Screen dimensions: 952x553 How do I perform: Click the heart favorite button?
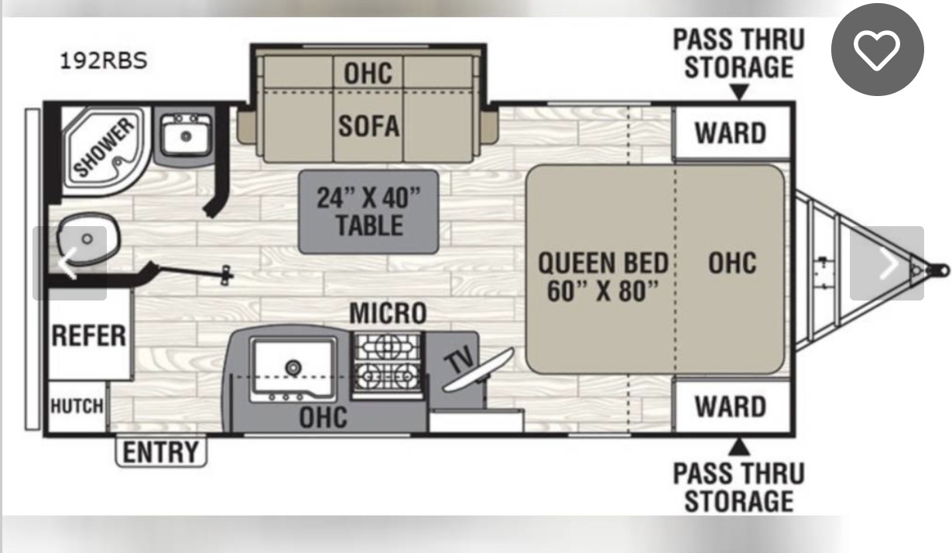pyautogui.click(x=877, y=50)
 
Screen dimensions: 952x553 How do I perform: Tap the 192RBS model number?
pyautogui.click(x=104, y=61)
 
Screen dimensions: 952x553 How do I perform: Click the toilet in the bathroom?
pyautogui.click(x=88, y=239)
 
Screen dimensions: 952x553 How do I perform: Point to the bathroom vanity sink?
pyautogui.click(x=185, y=136)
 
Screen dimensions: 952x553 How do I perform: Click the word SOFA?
pyautogui.click(x=369, y=126)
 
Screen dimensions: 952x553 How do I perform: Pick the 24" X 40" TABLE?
pyautogui.click(x=368, y=212)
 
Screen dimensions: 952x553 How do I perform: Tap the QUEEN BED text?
pyautogui.click(x=603, y=263)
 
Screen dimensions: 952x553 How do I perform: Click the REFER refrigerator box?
pyautogui.click(x=89, y=335)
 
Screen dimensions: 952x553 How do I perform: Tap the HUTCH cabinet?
pyautogui.click(x=77, y=407)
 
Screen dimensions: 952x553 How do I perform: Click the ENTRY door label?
pyautogui.click(x=161, y=452)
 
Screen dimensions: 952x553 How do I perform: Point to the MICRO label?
pyautogui.click(x=388, y=313)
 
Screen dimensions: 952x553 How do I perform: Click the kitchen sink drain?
pyautogui.click(x=293, y=366)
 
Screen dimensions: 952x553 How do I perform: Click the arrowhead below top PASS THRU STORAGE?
pyautogui.click(x=739, y=91)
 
